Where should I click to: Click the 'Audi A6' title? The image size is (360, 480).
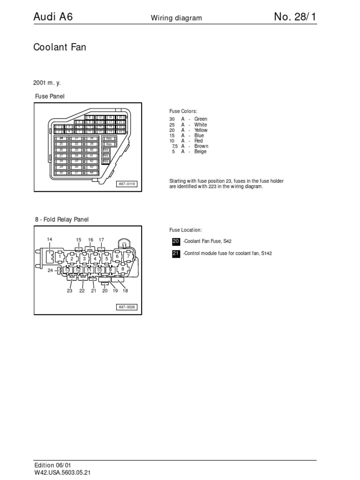52,17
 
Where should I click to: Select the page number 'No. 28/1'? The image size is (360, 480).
295,17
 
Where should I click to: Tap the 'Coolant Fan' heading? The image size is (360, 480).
60,47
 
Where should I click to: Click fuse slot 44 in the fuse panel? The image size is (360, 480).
91,172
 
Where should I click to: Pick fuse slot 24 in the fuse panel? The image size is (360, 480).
61,138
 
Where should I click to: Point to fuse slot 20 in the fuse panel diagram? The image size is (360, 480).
120,117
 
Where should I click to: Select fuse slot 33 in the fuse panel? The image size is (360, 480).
76,150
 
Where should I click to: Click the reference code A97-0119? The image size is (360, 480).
127,184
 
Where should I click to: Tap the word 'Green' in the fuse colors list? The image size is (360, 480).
201,119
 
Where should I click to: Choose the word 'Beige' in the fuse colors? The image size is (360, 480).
200,151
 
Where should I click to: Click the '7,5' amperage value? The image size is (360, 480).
175,146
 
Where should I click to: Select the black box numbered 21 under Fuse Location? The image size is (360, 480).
176,253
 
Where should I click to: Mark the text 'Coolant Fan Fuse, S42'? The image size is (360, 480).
208,241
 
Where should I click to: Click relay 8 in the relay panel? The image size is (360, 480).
123,269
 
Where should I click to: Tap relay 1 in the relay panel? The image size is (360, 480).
60,257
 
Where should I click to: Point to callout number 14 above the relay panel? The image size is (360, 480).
49,240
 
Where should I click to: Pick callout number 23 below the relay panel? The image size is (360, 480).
69,291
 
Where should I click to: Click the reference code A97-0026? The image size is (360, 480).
127,307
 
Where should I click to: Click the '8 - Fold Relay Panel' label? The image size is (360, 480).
61,219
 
